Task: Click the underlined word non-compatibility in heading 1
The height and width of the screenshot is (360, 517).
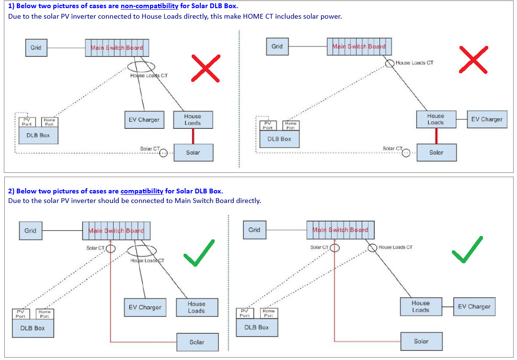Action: point(149,6)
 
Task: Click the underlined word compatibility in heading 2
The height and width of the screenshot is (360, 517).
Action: point(142,191)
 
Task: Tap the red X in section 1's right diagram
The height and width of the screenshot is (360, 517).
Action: point(473,60)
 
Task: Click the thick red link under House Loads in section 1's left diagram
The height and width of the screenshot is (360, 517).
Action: point(193,136)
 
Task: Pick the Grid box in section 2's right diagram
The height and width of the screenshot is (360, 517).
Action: point(254,230)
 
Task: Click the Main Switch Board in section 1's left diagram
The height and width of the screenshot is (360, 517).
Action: point(117,48)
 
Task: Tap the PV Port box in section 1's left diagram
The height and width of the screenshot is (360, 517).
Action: point(27,122)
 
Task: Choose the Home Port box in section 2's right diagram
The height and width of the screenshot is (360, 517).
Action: point(269,313)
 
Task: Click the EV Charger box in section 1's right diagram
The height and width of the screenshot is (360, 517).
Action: point(487,119)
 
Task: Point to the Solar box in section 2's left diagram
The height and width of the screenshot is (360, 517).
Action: point(197,342)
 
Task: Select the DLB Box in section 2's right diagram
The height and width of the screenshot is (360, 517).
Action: point(257,327)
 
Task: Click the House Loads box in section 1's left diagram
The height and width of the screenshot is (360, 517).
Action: point(193,120)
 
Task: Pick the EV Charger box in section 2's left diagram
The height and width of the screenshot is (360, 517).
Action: point(145,307)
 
